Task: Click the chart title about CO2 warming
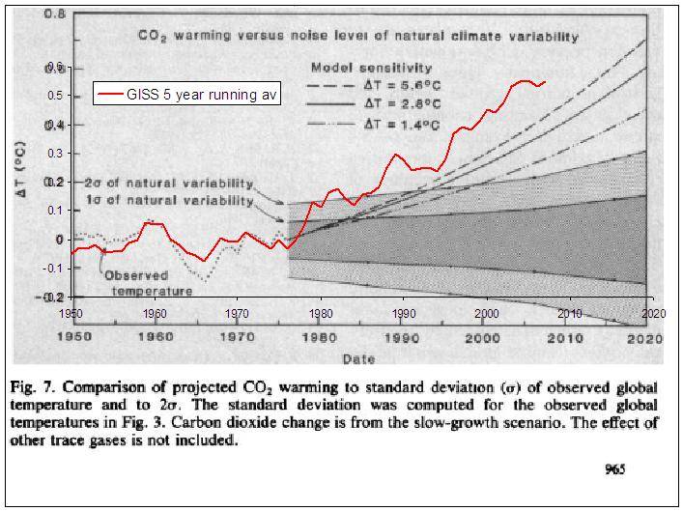pyautogui.click(x=356, y=37)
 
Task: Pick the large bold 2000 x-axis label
pyautogui.click(x=481, y=338)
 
